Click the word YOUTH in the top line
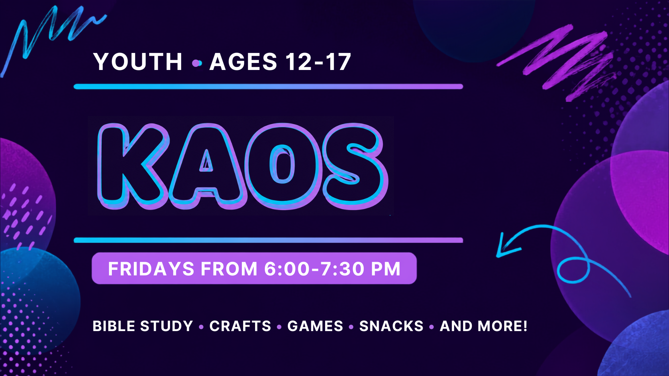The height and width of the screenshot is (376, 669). (x=138, y=62)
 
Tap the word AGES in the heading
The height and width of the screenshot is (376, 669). (x=243, y=62)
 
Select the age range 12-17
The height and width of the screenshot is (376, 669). (x=318, y=62)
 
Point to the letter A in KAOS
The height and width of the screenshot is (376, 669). (x=207, y=166)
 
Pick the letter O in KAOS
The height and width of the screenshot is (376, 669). (x=282, y=166)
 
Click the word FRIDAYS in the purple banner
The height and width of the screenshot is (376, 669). (x=151, y=269)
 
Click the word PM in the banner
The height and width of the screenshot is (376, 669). (x=386, y=269)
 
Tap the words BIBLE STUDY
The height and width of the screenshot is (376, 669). (x=143, y=326)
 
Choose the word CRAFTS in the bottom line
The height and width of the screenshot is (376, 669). (x=240, y=326)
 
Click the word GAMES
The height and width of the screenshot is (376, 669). (x=315, y=326)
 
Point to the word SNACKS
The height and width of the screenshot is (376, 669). (x=391, y=326)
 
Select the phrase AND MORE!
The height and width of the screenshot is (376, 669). (x=484, y=326)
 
